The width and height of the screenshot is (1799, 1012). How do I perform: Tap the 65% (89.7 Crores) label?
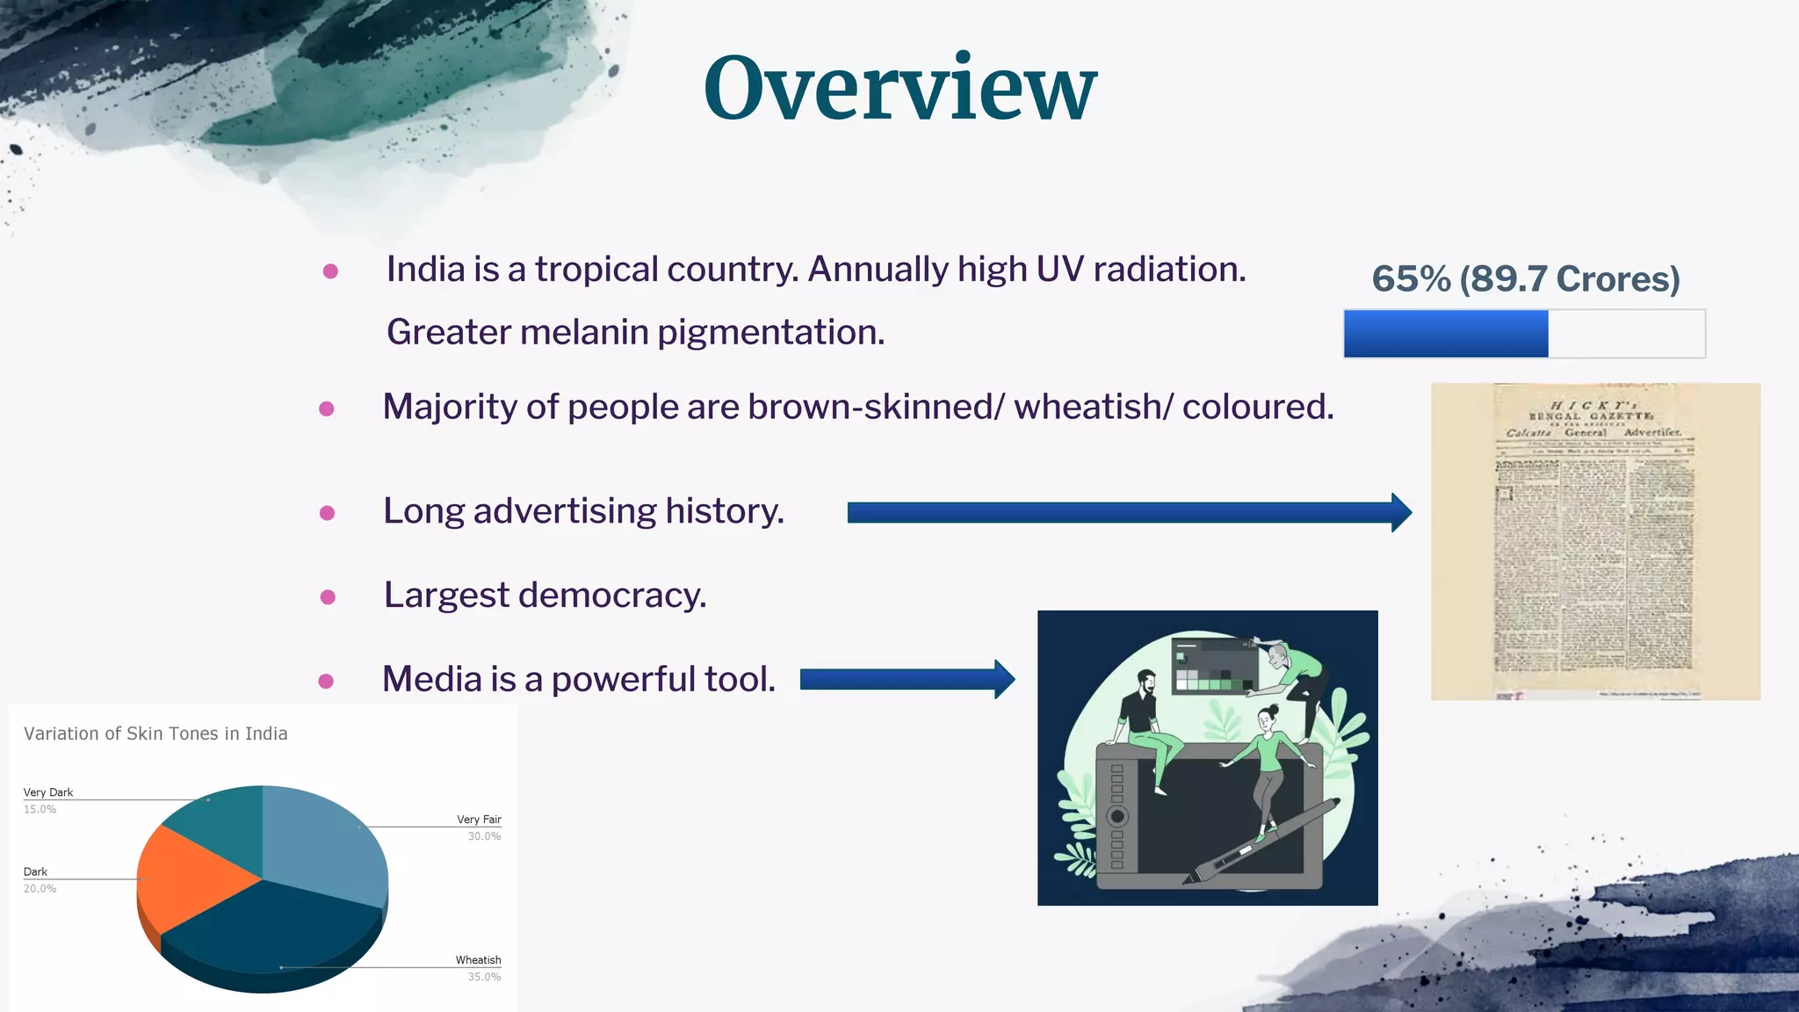tap(1526, 279)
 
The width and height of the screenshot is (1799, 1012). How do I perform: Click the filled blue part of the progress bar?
tap(1445, 334)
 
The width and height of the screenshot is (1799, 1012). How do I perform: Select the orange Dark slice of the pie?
tap(189, 878)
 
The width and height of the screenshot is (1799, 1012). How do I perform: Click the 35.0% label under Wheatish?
tap(484, 977)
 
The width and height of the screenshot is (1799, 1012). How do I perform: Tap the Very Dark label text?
tap(48, 792)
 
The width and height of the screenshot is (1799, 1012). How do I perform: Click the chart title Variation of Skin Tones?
tap(155, 734)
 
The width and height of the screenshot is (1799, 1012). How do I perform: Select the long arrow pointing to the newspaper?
tap(1129, 512)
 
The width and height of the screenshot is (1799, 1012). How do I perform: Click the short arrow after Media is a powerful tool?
tap(907, 679)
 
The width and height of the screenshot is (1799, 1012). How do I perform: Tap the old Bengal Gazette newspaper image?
tap(1594, 541)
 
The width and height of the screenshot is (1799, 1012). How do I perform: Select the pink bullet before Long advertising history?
tap(327, 513)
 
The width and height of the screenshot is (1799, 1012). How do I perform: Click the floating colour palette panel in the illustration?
tap(1214, 667)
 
